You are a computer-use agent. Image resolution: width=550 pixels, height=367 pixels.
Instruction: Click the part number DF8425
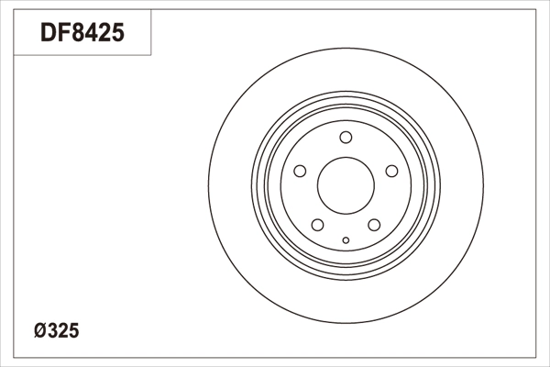pos(82,34)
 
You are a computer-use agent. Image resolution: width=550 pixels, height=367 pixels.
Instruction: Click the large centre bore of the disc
pos(346,184)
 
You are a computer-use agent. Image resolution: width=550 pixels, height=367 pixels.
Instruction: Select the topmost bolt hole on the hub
pos(346,138)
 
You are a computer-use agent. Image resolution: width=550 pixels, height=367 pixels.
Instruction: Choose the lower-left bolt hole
pos(317,224)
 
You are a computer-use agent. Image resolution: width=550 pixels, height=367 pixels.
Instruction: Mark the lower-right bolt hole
pos(374,224)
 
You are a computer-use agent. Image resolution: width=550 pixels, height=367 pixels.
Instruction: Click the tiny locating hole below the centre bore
pos(346,241)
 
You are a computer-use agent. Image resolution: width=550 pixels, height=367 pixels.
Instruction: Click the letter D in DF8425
pos(48,34)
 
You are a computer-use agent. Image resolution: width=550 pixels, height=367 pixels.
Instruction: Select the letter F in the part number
pos(62,34)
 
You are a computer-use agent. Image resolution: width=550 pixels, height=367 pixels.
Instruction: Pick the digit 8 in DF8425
pos(77,34)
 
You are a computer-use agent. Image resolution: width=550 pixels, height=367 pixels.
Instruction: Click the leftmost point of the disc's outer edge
pos(208,183)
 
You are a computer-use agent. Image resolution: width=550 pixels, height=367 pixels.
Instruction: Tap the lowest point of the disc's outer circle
pos(346,320)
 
